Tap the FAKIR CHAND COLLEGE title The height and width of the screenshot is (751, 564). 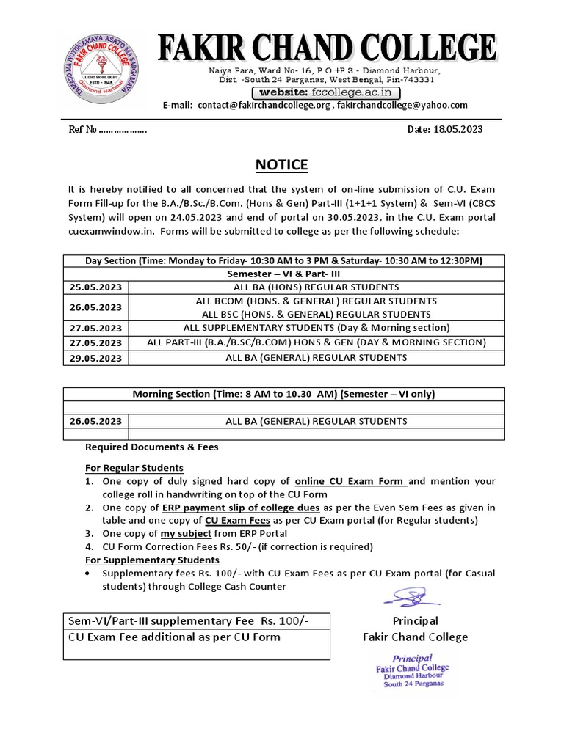tap(328, 51)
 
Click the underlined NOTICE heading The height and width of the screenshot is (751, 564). tap(282, 164)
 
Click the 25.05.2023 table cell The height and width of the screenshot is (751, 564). tap(96, 287)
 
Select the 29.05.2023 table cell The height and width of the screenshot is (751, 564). tap(96, 358)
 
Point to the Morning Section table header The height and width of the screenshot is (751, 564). tap(283, 394)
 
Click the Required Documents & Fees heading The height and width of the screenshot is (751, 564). tap(152, 447)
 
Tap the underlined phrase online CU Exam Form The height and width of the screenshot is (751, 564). tap(350, 481)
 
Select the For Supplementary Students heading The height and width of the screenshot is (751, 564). tap(152, 560)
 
